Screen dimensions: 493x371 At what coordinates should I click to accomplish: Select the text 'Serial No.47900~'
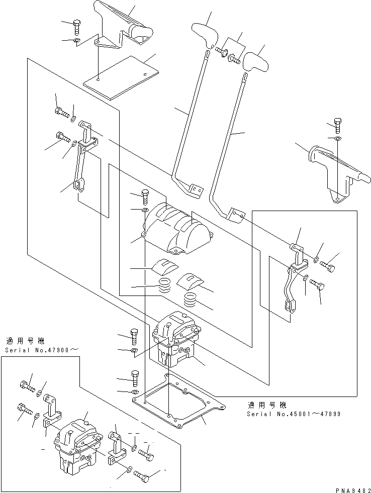[43, 349]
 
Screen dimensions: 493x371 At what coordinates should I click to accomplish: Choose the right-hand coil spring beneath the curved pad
[190, 301]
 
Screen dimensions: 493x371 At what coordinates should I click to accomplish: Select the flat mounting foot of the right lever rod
[235, 215]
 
